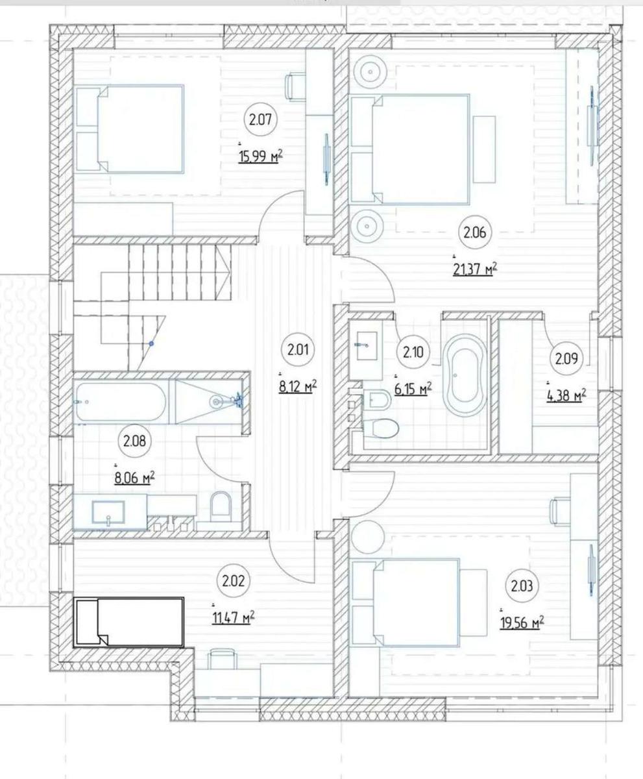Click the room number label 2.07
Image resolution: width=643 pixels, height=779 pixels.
click(261, 120)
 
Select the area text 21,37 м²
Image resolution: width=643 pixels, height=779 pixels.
click(475, 269)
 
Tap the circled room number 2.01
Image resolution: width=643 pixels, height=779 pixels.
click(298, 350)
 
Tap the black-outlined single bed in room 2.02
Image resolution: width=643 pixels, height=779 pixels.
click(128, 623)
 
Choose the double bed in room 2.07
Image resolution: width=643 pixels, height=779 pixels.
click(129, 129)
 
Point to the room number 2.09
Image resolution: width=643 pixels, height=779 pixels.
click(566, 358)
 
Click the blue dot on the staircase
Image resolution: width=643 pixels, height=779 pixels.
click(151, 343)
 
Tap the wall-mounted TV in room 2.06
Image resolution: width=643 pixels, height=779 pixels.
click(592, 126)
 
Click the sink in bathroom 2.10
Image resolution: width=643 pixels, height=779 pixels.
click(367, 345)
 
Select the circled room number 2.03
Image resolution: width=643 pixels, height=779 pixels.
click(522, 586)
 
